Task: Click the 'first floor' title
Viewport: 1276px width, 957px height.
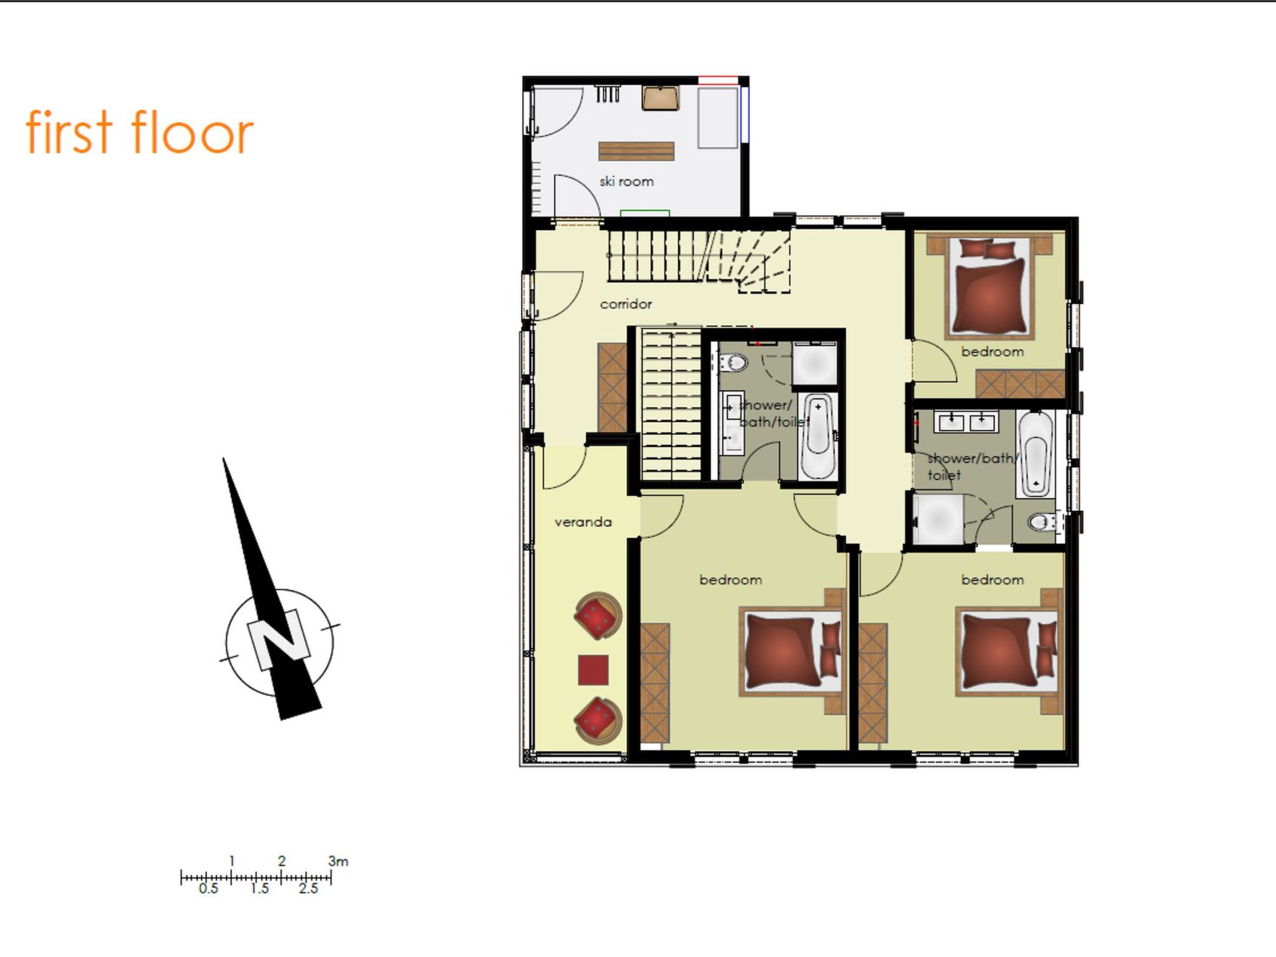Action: coord(140,132)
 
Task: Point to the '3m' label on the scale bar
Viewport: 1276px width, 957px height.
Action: coord(338,861)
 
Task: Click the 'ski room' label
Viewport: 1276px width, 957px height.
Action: coord(626,181)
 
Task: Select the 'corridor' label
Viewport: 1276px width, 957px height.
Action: coord(626,304)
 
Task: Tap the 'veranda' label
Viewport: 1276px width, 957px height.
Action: coord(583,522)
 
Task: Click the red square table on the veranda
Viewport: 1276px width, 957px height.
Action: coord(593,670)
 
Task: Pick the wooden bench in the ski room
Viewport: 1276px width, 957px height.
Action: coord(636,151)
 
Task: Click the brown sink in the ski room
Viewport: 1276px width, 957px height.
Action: coord(660,98)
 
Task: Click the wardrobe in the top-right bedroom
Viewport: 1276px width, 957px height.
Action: coord(1021,384)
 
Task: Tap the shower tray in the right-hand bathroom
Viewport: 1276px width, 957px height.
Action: coord(938,518)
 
